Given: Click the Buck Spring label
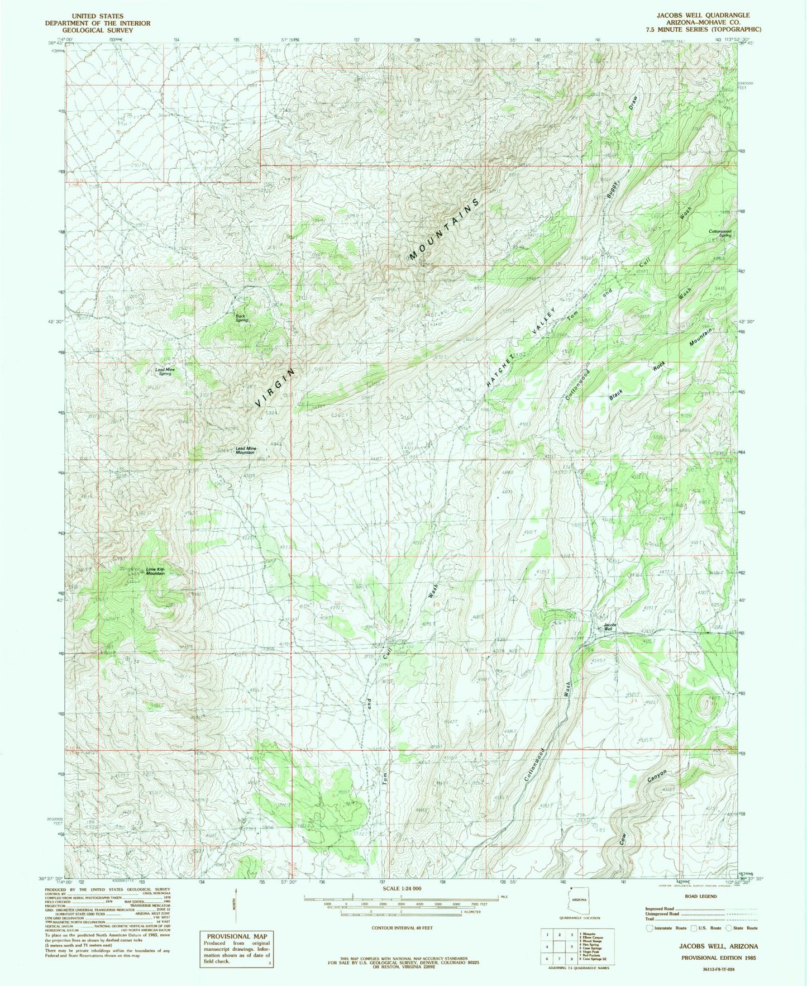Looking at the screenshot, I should [241, 317].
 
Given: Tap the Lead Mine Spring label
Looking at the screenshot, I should [164, 371].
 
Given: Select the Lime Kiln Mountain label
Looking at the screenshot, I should [155, 571].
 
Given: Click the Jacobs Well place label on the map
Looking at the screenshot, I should [610, 627].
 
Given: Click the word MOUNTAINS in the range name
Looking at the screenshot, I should [445, 229].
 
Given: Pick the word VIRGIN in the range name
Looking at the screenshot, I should [274, 387].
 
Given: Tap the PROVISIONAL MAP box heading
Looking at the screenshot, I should [237, 936].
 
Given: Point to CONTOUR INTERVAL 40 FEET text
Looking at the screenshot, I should [402, 928].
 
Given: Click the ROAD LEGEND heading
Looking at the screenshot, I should [700, 896].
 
